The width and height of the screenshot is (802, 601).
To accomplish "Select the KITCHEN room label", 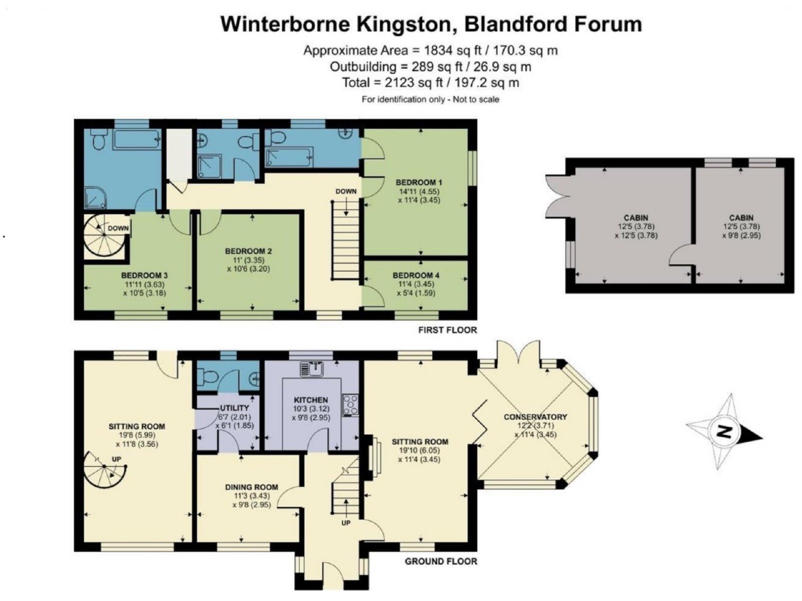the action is pos(311,400).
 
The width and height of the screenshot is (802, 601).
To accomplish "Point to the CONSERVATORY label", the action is pos(535,417).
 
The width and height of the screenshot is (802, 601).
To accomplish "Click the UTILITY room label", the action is pos(234,408).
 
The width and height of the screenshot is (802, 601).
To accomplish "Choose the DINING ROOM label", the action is pos(252,487).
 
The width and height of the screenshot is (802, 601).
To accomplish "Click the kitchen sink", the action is pos(311,369).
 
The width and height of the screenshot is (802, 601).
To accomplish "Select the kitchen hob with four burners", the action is pos(350,405).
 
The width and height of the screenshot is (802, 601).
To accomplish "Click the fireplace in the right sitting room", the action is pos(372,456).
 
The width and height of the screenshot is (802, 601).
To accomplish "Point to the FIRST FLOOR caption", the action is pos(447,330).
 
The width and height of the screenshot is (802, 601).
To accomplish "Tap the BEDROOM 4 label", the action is pos(416,275).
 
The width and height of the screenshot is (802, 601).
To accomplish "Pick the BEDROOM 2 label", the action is pos(248,251).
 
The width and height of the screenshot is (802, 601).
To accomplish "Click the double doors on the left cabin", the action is pos(557,197).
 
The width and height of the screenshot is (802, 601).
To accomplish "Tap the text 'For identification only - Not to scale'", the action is pos(431,99).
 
